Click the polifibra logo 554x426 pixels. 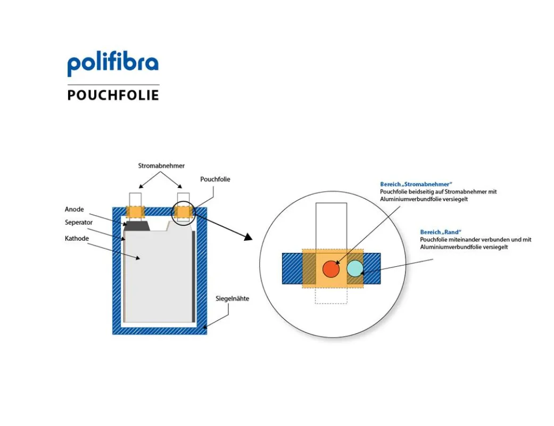113,64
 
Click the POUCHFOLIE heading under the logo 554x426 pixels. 113,95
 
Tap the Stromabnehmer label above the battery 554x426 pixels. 161,166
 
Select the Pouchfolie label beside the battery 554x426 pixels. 215,179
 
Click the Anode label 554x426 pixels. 74,209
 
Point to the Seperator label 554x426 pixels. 78,223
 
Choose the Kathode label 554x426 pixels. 77,239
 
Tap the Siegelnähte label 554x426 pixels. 232,299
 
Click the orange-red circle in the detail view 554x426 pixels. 331,269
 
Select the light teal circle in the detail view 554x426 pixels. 355,268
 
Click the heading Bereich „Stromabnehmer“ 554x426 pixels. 416,184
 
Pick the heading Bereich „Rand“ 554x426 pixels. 441,232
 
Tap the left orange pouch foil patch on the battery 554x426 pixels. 135,212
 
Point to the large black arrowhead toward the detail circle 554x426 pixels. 248,236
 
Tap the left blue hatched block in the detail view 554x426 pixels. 292,269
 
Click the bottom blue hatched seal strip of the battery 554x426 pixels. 160,331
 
